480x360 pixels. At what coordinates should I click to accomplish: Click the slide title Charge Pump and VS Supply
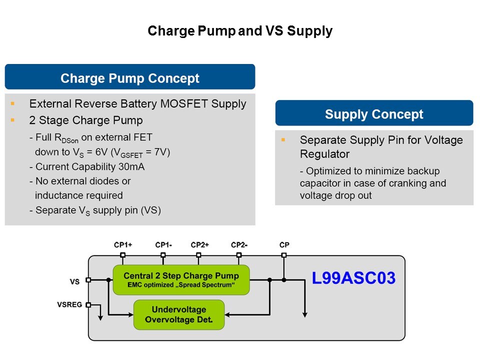pos(240,31)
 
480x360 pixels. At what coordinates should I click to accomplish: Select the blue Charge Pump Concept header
pos(130,78)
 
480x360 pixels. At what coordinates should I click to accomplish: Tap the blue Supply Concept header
pos(374,114)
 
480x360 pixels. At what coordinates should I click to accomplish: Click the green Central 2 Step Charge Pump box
pos(181,279)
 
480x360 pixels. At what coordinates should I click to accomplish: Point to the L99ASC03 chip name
pos(353,278)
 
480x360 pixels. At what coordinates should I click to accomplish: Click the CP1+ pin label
pos(123,245)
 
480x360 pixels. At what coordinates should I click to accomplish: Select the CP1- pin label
pos(163,245)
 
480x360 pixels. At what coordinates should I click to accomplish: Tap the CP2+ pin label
pos(199,245)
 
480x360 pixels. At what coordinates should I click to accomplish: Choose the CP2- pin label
pos(239,245)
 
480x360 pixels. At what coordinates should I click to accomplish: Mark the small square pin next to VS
pos(88,280)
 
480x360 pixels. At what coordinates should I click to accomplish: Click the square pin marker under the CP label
pos(284,255)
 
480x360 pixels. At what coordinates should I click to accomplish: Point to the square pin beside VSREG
pos(88,304)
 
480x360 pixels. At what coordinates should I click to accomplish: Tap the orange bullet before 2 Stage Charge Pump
pos(12,120)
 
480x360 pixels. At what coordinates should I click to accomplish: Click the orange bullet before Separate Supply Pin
pos(283,140)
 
